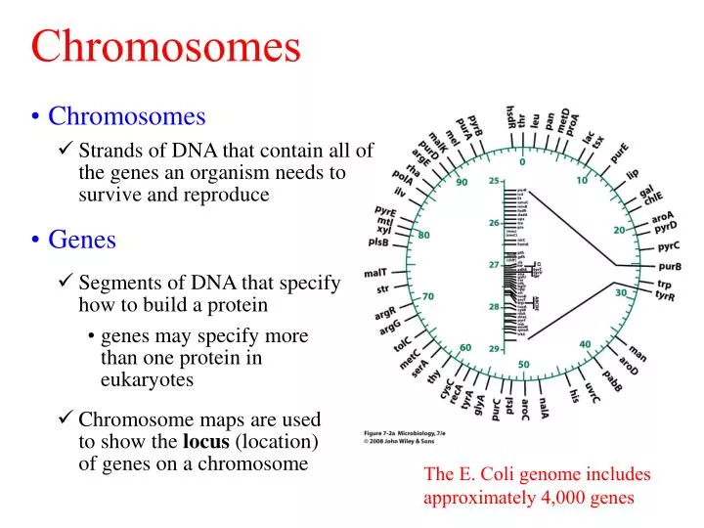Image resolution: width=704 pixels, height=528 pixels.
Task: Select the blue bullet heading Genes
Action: click(82, 239)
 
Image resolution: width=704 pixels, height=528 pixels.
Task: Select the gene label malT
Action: click(376, 272)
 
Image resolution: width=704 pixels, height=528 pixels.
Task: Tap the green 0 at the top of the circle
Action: click(522, 162)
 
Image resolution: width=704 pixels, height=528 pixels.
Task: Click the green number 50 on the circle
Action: click(524, 365)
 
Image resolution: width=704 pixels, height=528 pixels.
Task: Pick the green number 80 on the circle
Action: click(423, 236)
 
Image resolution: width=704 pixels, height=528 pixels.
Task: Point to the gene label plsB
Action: click(380, 242)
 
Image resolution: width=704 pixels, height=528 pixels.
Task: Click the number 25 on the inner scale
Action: click(495, 181)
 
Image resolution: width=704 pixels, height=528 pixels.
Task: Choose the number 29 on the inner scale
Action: click(495, 348)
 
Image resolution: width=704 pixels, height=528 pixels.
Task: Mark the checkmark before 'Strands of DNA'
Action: click(66, 151)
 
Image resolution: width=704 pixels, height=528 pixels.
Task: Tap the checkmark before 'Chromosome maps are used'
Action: click(66, 419)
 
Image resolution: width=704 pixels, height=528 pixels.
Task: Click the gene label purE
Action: click(618, 154)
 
